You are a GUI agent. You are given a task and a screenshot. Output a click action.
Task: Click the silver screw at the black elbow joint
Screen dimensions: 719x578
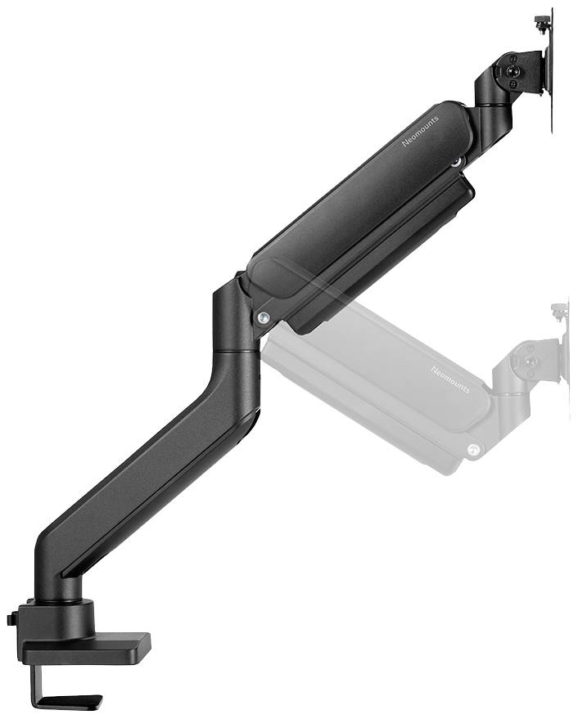[x=261, y=317]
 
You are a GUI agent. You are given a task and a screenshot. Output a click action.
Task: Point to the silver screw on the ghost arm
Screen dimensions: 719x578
[x=473, y=449]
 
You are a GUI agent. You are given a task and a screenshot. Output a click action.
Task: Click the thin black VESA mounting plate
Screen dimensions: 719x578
[x=550, y=82]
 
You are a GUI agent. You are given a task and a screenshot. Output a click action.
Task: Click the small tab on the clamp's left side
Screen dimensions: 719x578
[x=11, y=619]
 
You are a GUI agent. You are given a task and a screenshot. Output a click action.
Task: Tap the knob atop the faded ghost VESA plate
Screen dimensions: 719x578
[x=560, y=310]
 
